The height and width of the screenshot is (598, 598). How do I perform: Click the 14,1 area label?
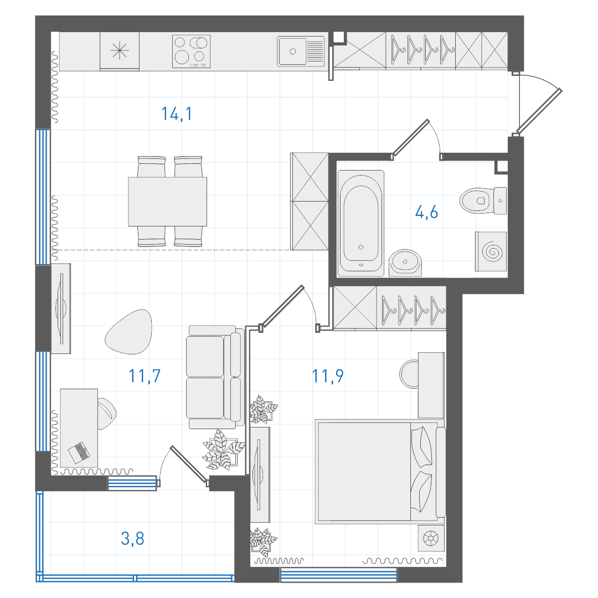pyautogui.click(x=177, y=114)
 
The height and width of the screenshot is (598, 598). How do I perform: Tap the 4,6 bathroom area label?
pyautogui.click(x=426, y=212)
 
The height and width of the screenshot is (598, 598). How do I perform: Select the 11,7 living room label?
pyautogui.click(x=145, y=376)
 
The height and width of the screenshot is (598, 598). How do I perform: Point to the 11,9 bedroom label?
pyautogui.click(x=328, y=376)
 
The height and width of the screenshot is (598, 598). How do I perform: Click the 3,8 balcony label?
pyautogui.click(x=132, y=539)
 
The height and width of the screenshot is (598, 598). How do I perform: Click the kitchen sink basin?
pyautogui.click(x=292, y=51)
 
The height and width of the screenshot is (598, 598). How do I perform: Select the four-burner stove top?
pyautogui.click(x=191, y=51)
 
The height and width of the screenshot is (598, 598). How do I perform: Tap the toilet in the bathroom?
pyautogui.click(x=483, y=200)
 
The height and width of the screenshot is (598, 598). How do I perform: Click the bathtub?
pyautogui.click(x=361, y=223)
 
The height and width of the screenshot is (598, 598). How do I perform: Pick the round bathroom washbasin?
pyautogui.click(x=405, y=262)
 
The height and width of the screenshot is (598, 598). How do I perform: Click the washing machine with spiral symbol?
pyautogui.click(x=491, y=252)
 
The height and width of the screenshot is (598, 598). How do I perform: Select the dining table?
pyautogui.click(x=167, y=202)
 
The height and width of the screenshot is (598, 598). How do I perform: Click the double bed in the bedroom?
pyautogui.click(x=380, y=471)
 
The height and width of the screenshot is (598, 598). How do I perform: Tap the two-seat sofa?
pyautogui.click(x=215, y=377)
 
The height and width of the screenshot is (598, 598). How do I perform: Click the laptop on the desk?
pyautogui.click(x=79, y=453)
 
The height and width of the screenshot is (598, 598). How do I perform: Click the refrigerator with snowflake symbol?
pyautogui.click(x=120, y=51)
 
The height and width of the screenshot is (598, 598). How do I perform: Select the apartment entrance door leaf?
pyautogui.click(x=539, y=112)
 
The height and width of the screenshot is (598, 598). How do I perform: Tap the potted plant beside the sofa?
pyautogui.click(x=224, y=449)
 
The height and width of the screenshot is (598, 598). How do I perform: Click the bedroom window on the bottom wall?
pyautogui.click(x=339, y=575)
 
